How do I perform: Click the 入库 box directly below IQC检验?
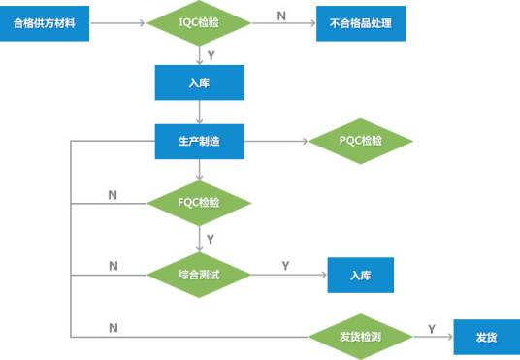(198, 82)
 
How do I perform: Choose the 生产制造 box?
(198, 142)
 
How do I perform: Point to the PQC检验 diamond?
(361, 142)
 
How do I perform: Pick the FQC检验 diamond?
(198, 203)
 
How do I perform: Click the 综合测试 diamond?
(198, 275)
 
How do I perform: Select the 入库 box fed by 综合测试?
(361, 275)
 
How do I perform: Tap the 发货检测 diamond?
(361, 337)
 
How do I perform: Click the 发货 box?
(486, 337)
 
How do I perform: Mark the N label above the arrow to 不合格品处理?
(281, 15)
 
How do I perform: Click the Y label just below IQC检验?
(211, 55)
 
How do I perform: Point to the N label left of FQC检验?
(113, 195)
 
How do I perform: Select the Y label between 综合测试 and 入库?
(284, 265)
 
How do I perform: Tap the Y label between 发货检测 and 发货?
(431, 328)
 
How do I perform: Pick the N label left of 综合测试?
(113, 266)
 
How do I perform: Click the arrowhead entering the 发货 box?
(448, 337)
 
